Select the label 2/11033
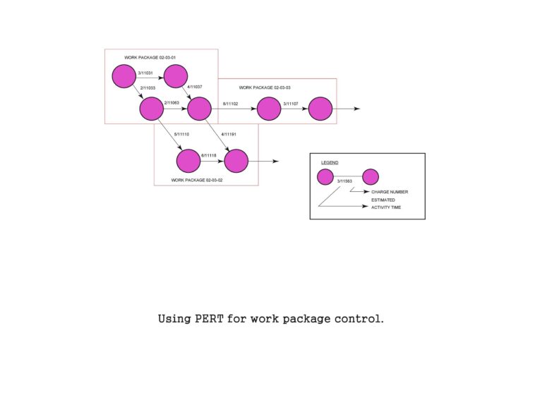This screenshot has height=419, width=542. (148, 87)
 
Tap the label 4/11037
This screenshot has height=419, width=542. (195, 87)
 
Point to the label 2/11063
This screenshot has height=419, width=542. (171, 103)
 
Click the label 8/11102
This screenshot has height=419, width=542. (231, 104)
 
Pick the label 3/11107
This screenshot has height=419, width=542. (291, 104)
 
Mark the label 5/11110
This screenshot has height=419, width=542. (182, 133)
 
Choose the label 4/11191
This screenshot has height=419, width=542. (229, 133)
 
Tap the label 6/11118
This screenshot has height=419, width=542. (209, 155)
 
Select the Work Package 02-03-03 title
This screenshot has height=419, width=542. (265, 87)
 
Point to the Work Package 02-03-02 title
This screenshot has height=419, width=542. (197, 181)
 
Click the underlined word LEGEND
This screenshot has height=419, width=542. (329, 162)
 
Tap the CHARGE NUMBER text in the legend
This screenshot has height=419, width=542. (390, 192)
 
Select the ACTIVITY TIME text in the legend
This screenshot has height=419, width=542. (386, 207)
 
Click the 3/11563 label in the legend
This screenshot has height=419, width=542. (346, 183)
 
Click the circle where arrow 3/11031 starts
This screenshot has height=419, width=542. (124, 75)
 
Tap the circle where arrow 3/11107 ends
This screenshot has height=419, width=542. (320, 109)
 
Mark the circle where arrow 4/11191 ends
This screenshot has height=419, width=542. (236, 161)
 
